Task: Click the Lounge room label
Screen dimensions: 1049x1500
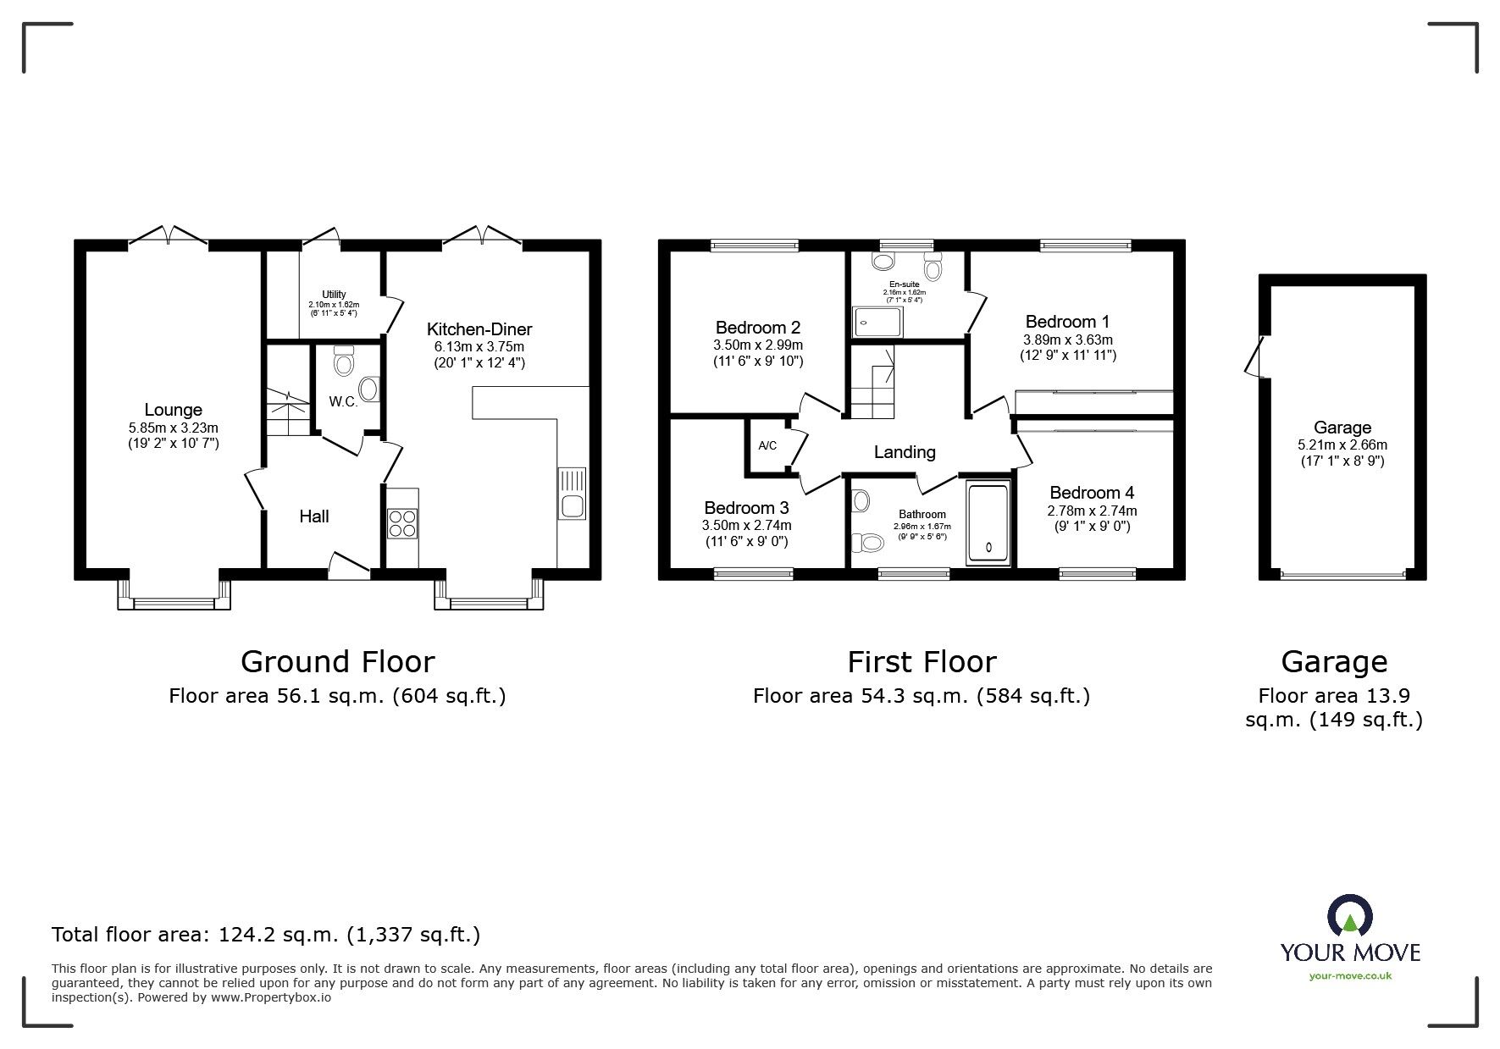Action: point(173,411)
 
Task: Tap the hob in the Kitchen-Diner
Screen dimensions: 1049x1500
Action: point(401,522)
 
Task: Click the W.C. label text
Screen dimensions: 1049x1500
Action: point(343,402)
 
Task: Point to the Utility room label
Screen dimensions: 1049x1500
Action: point(334,295)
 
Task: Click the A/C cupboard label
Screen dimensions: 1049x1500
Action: point(767,445)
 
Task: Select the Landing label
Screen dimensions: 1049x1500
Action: point(905,452)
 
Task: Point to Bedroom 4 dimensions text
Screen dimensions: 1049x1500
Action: point(1092,518)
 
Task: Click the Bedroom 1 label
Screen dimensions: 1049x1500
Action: point(1067,322)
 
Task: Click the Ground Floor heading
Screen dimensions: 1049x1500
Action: point(337,661)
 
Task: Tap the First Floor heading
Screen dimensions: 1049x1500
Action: point(922,661)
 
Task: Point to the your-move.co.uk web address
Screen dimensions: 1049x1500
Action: point(1350,976)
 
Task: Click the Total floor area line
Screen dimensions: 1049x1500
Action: point(266,935)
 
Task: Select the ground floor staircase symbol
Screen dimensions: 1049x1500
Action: point(286,412)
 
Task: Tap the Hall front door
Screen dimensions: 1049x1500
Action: point(349,566)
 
